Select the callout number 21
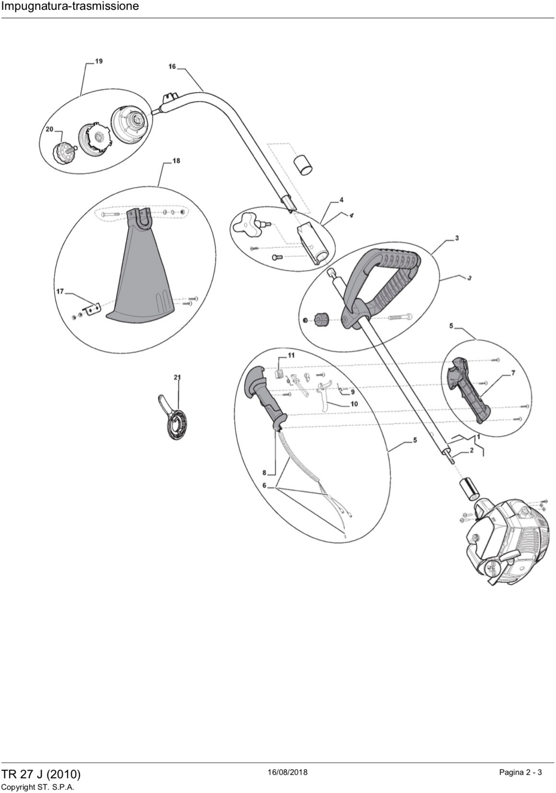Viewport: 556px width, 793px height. (x=177, y=377)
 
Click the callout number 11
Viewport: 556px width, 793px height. (x=291, y=355)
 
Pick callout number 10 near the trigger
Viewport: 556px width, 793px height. (x=354, y=404)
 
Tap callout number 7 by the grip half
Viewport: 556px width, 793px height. (x=513, y=373)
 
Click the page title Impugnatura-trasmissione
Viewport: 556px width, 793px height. (x=70, y=6)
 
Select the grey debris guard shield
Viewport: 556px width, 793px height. (x=142, y=276)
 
